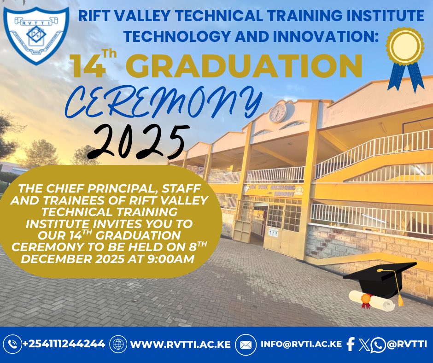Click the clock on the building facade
coord(278,112)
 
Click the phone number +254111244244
coord(64,344)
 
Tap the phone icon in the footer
coord(12,344)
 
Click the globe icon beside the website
coord(119,344)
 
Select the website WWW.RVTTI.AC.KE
coord(180,344)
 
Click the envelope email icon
coord(246,344)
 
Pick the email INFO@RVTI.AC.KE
coord(301,344)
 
